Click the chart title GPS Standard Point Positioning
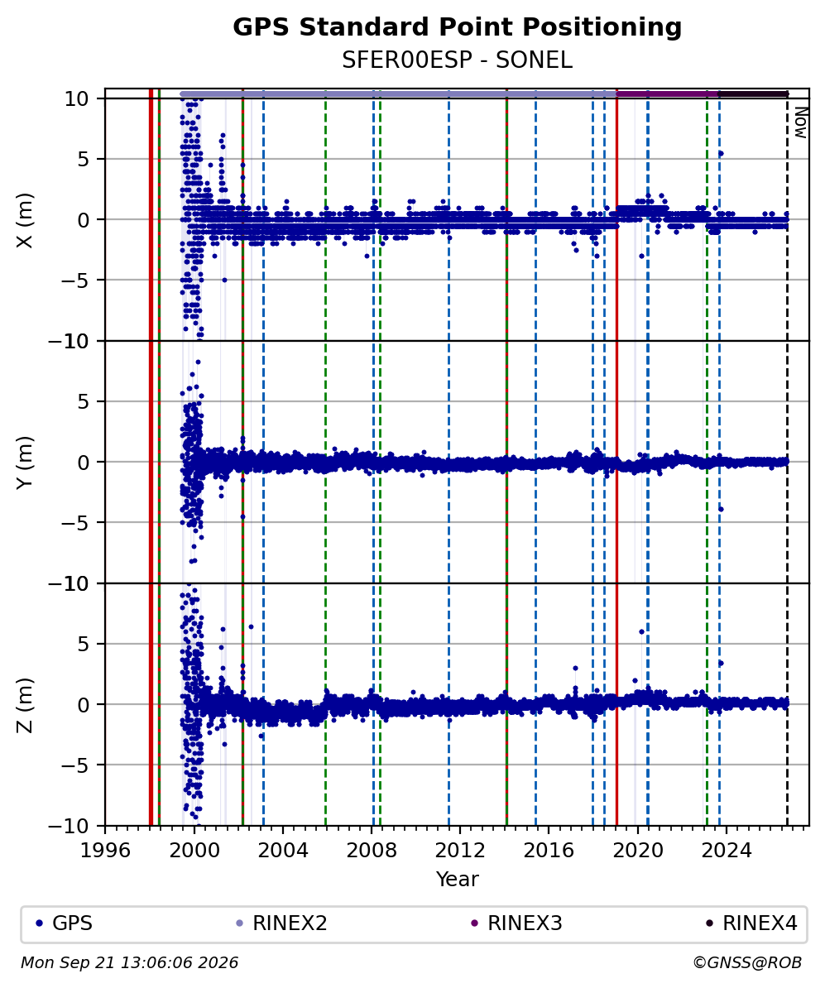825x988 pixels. (x=457, y=28)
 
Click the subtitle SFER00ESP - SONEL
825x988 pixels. (x=457, y=60)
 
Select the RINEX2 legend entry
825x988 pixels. (x=281, y=923)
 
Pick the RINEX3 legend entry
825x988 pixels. (x=517, y=923)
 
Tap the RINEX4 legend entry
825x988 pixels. (x=751, y=923)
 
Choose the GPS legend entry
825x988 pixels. (x=64, y=923)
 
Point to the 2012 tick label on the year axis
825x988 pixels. (x=460, y=851)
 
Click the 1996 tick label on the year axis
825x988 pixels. (x=105, y=851)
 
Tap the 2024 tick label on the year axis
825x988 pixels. (x=726, y=851)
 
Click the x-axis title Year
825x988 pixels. (x=457, y=879)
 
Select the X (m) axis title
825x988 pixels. (x=25, y=220)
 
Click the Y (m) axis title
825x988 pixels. (x=25, y=463)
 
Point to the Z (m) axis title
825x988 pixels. (x=25, y=705)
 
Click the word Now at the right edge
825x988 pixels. (x=800, y=122)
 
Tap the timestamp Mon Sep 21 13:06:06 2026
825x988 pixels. (x=130, y=963)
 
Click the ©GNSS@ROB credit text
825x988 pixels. (x=747, y=963)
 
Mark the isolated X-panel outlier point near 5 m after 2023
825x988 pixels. (x=721, y=153)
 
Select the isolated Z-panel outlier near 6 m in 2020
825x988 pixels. (x=641, y=631)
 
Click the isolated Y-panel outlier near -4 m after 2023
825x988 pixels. (x=721, y=509)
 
